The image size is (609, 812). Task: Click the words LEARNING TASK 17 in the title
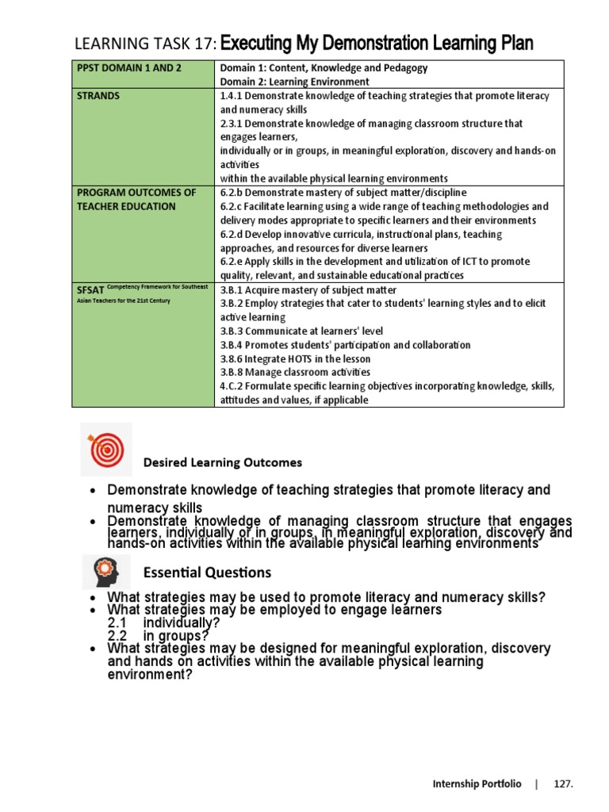coord(144,43)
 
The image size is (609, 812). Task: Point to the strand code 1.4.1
coord(232,96)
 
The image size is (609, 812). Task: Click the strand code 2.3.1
coord(232,124)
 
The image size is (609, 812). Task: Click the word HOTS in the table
coord(302,358)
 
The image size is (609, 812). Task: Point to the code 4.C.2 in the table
coord(232,386)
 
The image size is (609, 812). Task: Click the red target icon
coord(106,450)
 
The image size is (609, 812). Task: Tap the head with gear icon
coord(106,569)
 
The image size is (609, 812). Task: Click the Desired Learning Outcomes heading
coord(222,462)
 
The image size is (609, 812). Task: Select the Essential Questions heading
coord(207,573)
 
